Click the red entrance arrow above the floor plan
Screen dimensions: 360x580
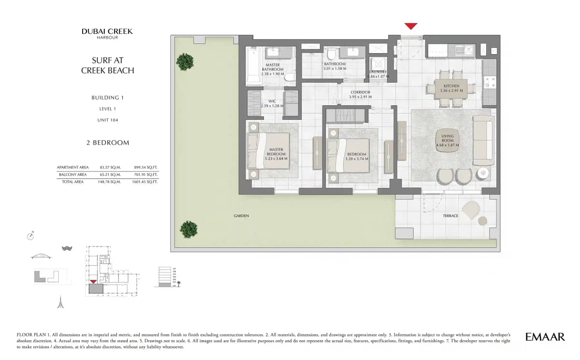tap(411, 26)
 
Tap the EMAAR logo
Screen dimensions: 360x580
tap(545, 337)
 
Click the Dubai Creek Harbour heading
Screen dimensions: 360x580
tap(107, 33)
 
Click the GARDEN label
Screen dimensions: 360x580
tap(241, 216)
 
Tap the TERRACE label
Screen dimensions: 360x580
tap(450, 216)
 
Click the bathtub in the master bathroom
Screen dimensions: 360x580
tap(253, 67)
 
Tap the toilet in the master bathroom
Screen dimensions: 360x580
tap(290, 76)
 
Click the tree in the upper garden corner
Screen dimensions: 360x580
tap(185, 61)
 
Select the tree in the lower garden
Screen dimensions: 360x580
tap(188, 229)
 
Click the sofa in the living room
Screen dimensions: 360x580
tap(483, 140)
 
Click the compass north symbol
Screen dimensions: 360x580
tap(31, 236)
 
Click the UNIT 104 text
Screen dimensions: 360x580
tap(107, 120)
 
